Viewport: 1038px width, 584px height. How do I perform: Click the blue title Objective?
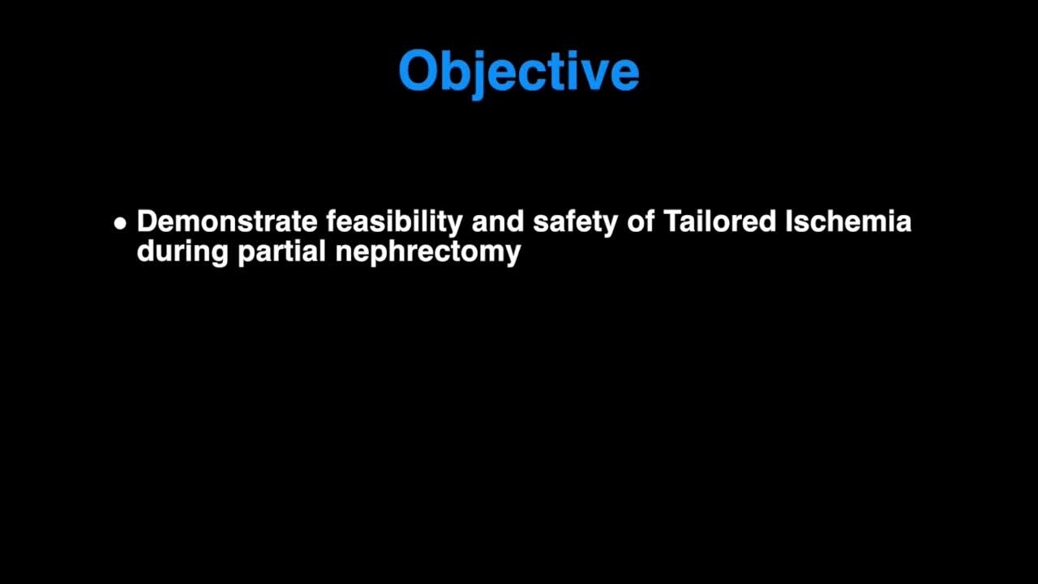coord(518,71)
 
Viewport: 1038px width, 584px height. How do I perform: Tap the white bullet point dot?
coord(121,224)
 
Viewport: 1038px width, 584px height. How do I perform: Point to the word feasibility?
coord(394,221)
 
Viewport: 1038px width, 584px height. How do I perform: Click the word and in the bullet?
coord(497,221)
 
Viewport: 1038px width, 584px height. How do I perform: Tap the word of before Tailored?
coord(641,221)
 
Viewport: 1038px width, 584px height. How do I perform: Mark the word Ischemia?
coord(848,221)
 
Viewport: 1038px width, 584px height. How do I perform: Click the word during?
coord(183,251)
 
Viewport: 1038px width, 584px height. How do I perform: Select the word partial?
coord(282,251)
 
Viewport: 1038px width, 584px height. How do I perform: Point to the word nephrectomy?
coord(428,251)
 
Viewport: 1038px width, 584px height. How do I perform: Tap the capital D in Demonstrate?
coord(147,221)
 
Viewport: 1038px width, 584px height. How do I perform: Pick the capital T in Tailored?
coord(671,221)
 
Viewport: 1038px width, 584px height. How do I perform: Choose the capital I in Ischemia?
coord(789,221)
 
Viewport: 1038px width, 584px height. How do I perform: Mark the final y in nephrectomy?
coord(513,254)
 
